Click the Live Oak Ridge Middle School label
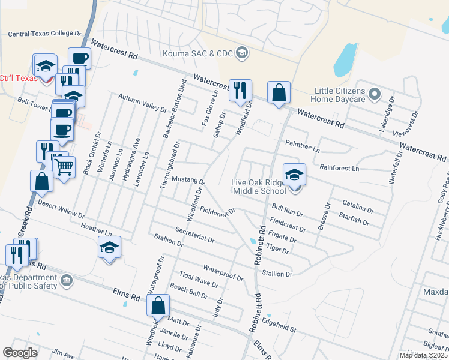point(259,187)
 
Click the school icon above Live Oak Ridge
point(294,175)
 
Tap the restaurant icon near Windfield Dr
point(240,91)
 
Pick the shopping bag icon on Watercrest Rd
point(279,93)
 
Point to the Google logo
point(20,352)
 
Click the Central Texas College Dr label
point(44,34)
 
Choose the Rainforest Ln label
point(340,169)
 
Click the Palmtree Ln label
point(303,144)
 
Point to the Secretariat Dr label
point(195,235)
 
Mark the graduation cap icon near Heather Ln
point(109,247)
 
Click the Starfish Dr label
point(354,218)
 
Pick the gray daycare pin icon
point(375,94)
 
